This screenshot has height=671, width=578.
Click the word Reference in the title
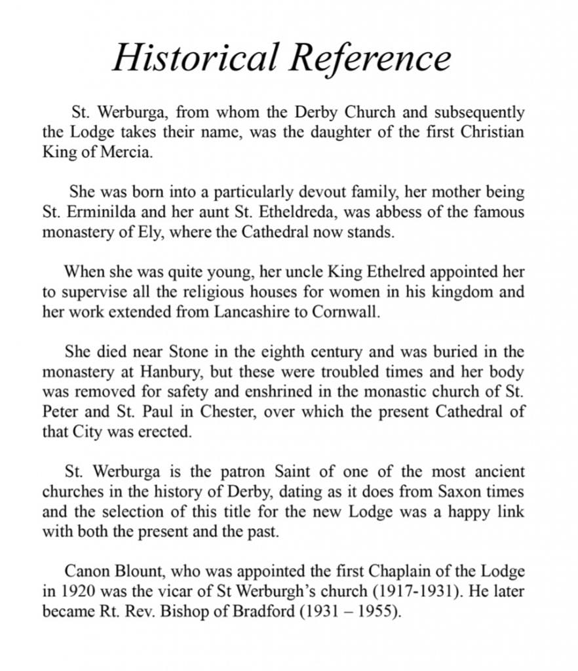pos(371,57)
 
